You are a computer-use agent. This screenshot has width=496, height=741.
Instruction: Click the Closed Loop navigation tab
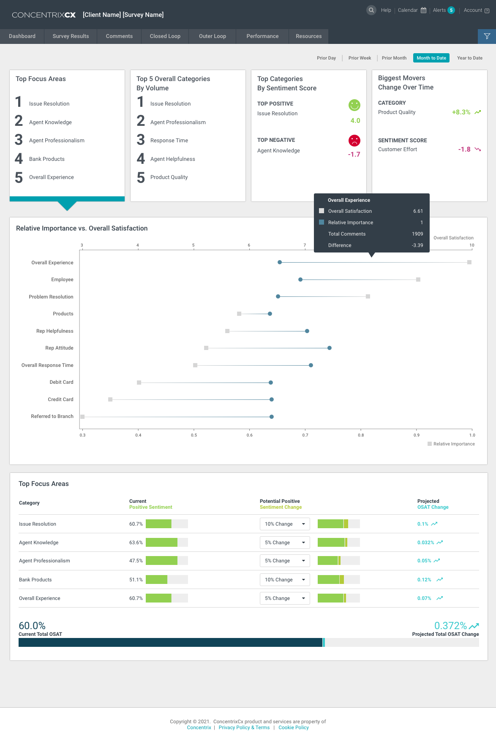coord(165,36)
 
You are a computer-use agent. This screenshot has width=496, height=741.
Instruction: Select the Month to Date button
coord(431,58)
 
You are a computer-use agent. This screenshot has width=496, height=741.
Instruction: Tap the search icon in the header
coord(371,10)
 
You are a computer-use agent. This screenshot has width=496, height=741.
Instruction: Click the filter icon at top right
coord(487,36)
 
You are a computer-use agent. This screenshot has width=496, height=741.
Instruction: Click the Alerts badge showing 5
coord(451,10)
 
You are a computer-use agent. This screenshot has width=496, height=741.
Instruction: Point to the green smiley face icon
coord(354,105)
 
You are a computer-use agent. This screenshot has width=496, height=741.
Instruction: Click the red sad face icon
coord(354,140)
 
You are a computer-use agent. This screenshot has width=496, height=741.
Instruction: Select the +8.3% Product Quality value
coord(461,112)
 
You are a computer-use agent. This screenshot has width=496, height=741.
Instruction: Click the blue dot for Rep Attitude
coord(330,348)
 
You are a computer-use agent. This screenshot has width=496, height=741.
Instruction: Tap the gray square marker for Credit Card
coord(110,399)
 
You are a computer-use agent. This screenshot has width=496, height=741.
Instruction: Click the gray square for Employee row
coord(418,280)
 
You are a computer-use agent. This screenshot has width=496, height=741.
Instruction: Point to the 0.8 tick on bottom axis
coord(361,435)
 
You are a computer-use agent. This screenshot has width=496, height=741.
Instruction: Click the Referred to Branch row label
coord(52,416)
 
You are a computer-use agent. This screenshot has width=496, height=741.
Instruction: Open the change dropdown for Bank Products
coord(285,580)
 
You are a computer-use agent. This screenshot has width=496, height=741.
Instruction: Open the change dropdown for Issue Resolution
coord(285,524)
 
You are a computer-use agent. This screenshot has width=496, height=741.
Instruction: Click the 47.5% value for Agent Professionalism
coord(136,561)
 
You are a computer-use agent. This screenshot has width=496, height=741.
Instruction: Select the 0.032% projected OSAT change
coord(425,543)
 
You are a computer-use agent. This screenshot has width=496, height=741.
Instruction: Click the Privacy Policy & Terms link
coord(244,727)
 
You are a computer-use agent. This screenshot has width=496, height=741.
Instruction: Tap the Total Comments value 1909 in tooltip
coord(417,234)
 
